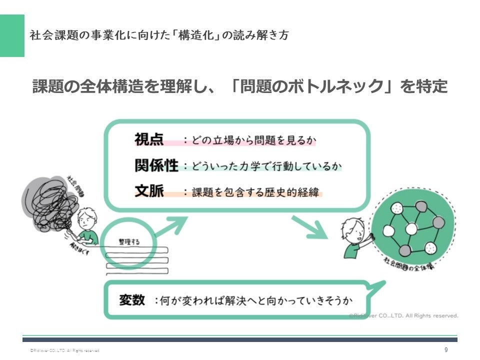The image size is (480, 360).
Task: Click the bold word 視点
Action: [x=149, y=139]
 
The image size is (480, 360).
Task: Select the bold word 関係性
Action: [x=156, y=165]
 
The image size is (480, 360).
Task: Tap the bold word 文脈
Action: [x=149, y=191]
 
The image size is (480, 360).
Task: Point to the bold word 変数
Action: [x=132, y=300]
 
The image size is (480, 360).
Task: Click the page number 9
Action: [x=446, y=350]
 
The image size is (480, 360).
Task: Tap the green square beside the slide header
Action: [x=12, y=35]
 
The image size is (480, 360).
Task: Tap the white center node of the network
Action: [x=411, y=228]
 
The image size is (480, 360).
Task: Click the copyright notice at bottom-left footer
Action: [x=65, y=351]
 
